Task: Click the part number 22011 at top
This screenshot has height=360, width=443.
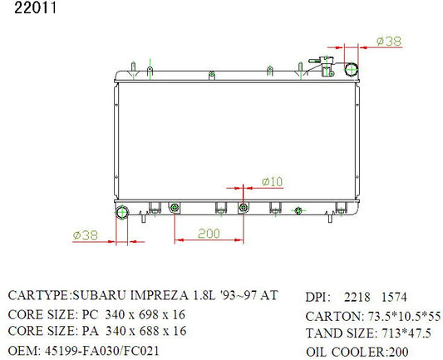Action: point(35,8)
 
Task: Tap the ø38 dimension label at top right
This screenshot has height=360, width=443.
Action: point(389,42)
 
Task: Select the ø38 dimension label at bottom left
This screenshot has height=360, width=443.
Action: point(86,235)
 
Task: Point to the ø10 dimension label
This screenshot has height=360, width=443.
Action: point(272,182)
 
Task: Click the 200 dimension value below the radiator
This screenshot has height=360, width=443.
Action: point(209,234)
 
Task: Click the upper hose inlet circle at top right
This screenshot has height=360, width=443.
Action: point(352,70)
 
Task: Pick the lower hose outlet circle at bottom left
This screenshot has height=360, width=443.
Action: point(122,212)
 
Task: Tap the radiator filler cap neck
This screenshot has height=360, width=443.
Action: point(327,67)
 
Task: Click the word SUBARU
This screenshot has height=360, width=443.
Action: point(99,296)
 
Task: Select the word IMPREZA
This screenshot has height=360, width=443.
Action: point(159,296)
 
